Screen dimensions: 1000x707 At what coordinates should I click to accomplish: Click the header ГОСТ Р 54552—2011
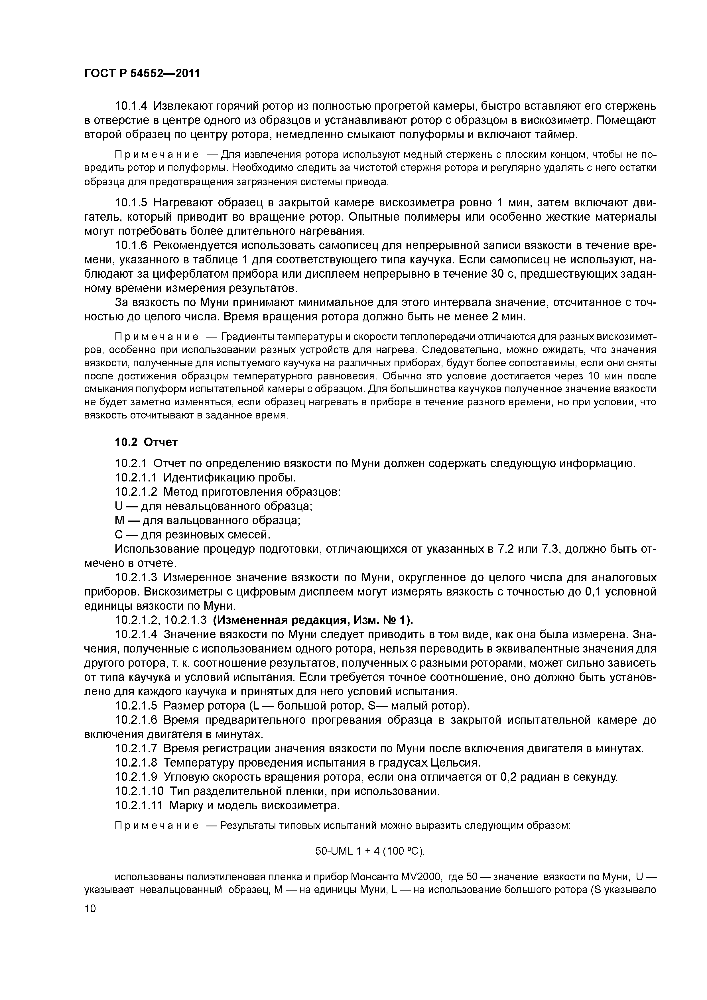142,73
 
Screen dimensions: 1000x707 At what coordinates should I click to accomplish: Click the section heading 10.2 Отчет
146,442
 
